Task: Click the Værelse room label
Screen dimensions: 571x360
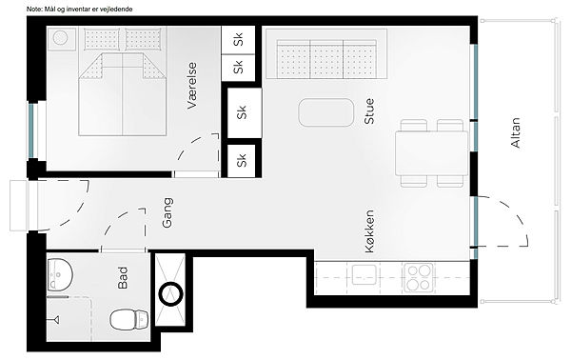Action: coord(191,86)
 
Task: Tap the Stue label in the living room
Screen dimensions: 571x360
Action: coord(369,111)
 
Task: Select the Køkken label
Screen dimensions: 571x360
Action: coord(369,231)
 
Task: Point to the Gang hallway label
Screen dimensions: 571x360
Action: coord(167,212)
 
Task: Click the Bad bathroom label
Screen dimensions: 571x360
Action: coord(123,278)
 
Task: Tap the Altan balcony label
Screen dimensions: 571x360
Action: coord(516,132)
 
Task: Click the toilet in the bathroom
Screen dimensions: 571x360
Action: coord(129,319)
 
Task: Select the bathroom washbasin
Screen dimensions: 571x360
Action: coord(60,274)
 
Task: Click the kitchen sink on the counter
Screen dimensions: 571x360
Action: coord(364,274)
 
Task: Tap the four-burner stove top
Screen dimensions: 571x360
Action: coord(419,278)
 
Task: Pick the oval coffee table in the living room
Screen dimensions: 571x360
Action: coord(325,112)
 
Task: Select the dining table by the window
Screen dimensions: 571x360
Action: coord(432,153)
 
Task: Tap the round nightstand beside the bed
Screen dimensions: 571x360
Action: coord(61,38)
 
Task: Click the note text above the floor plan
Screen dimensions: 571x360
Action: coord(79,10)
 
